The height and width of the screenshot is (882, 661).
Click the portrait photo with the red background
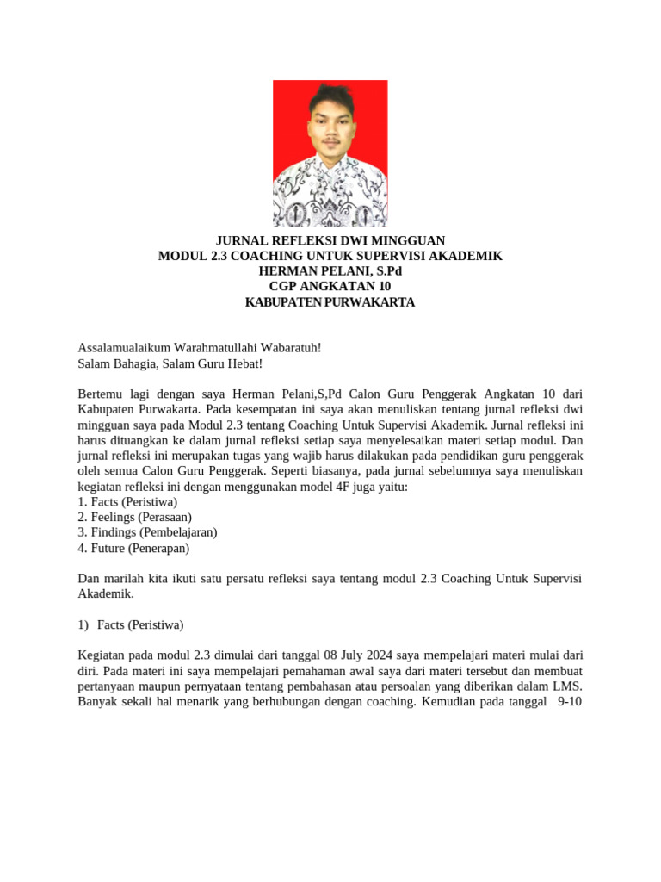coord(330,153)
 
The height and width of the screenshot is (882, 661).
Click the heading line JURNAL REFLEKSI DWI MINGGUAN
coord(330,240)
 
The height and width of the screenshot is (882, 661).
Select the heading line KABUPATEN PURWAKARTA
coord(330,302)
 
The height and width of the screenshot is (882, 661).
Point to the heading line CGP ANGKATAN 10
coord(330,287)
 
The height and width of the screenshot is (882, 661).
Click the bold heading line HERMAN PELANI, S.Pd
coord(330,271)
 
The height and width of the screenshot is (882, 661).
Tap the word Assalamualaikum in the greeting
coord(124,347)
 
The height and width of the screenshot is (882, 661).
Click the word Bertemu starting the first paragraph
coord(102,394)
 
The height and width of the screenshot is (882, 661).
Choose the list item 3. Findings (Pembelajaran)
coord(147,532)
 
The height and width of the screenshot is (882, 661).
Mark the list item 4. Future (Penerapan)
coord(133,548)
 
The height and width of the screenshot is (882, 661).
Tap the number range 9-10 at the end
coord(570,702)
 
